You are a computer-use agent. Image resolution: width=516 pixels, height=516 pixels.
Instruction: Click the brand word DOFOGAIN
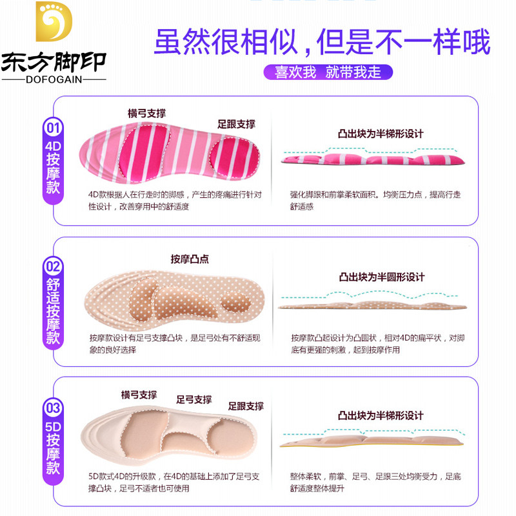coord(53,79)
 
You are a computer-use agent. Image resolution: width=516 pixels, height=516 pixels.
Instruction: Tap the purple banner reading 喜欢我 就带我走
coord(327,72)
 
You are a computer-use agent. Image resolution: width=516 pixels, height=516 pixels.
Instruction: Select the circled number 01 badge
coord(52,127)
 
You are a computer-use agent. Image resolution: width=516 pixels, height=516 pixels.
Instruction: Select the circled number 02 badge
coord(52,266)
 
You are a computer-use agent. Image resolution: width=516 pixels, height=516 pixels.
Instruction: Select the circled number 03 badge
coord(52,408)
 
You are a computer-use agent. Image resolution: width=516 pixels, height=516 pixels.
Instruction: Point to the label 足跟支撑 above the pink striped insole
coord(236,124)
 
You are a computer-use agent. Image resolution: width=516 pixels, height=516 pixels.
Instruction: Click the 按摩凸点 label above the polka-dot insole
coord(190,259)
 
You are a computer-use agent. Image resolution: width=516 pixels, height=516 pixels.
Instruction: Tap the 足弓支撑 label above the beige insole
coord(194,399)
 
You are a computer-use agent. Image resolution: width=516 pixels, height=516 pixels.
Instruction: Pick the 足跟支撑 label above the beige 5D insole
coord(246,406)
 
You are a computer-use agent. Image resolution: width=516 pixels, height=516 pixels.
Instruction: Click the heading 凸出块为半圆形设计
coord(382,277)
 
